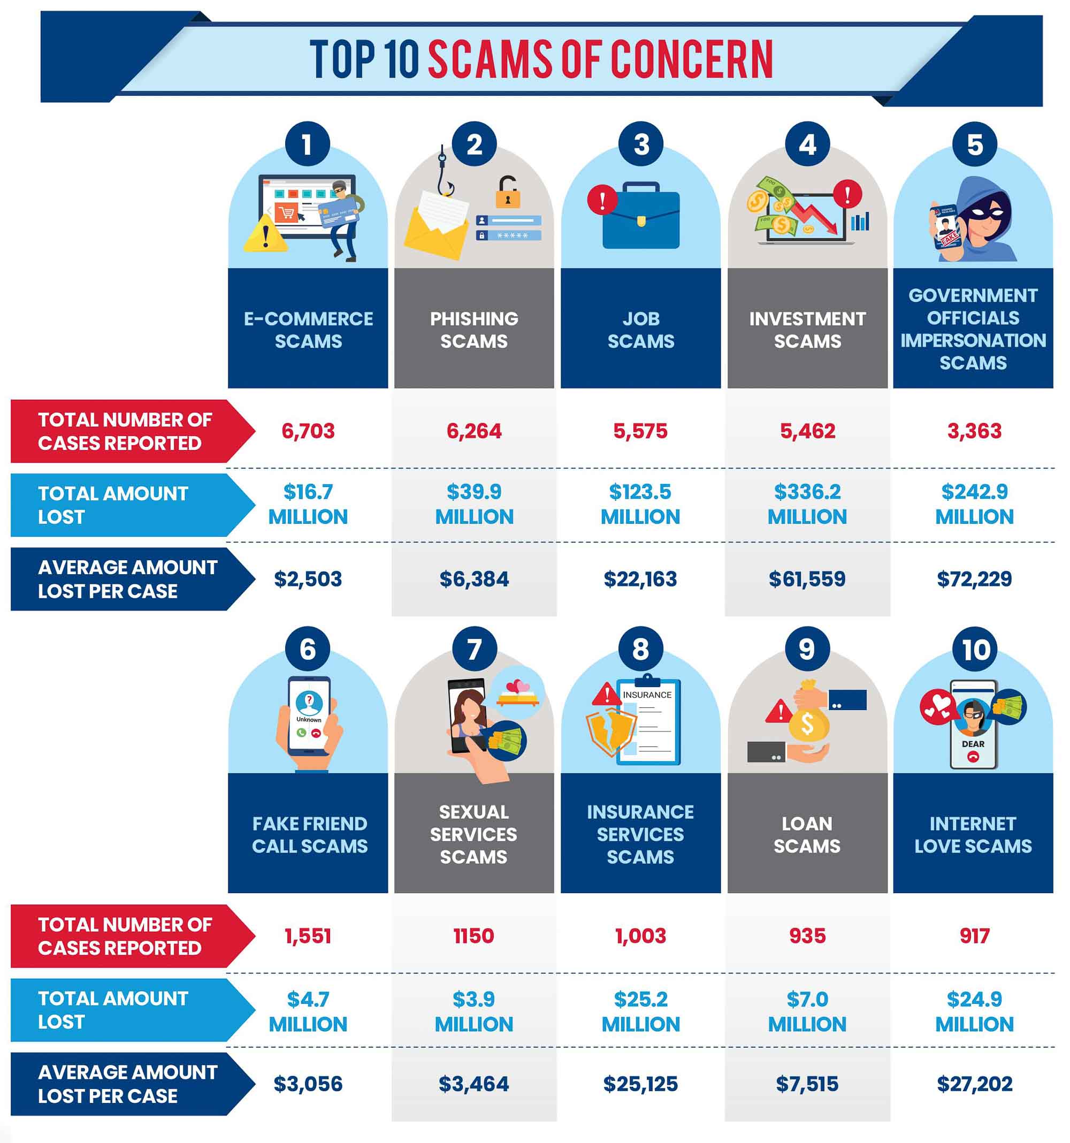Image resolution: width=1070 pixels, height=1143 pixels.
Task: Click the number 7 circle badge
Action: pos(474,649)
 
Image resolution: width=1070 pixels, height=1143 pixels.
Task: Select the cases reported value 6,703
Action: pos(308,431)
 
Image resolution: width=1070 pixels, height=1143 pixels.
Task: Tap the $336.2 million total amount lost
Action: pos(807,504)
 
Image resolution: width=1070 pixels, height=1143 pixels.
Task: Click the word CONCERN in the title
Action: pos(691,59)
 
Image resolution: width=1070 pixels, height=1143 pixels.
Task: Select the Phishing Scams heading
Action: pos(474,330)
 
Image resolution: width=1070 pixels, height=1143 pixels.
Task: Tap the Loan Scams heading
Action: pos(807,834)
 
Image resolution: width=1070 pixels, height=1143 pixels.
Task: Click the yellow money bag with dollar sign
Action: pos(807,723)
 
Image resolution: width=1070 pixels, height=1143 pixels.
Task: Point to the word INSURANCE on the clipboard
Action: pos(647,695)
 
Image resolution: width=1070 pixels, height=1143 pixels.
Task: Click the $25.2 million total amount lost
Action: pos(640,1011)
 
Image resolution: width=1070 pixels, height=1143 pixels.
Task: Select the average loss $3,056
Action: pos(308,1084)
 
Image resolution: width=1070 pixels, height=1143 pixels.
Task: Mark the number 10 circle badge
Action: pos(975,649)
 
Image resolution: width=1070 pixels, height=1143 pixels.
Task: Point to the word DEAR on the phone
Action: pos(973,743)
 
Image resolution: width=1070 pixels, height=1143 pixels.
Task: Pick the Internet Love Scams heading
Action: pos(973,834)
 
